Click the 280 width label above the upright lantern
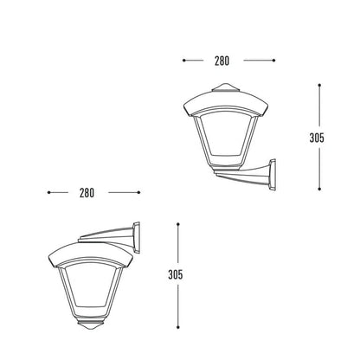tap(221, 61)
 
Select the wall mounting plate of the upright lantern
tap(273, 177)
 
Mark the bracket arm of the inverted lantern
tap(106, 235)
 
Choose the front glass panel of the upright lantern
tap(227, 137)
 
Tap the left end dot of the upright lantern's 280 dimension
tap(183, 61)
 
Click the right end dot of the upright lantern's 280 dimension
tap(273, 61)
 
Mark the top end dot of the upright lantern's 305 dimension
tap(320, 85)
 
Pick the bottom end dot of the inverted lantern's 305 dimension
tap(178, 327)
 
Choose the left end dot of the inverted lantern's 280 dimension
tap(48, 192)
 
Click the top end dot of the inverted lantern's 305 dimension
tap(178, 224)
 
